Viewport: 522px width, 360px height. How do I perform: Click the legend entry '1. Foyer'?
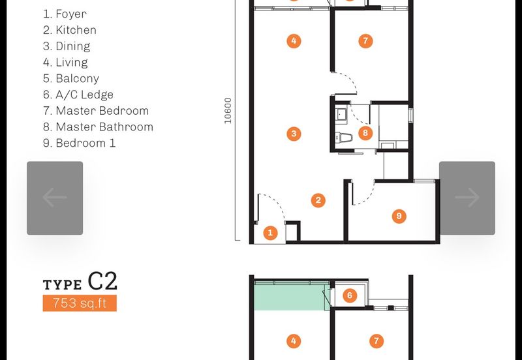(65, 14)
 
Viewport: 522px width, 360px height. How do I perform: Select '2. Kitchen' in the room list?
(70, 30)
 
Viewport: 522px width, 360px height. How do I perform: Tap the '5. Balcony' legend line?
(71, 78)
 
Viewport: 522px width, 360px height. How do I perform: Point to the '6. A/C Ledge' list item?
(78, 95)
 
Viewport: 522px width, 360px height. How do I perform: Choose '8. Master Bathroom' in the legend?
(98, 127)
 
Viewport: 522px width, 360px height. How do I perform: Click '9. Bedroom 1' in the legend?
(79, 143)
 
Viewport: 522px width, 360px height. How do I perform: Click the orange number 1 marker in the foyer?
(270, 233)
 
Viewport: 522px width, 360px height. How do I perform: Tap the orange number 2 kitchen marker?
(318, 200)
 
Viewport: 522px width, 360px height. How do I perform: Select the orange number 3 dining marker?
(294, 134)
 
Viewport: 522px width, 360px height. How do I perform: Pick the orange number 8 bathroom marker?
(365, 133)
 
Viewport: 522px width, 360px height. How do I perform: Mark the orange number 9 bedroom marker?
(399, 217)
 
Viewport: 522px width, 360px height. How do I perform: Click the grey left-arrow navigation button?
(55, 198)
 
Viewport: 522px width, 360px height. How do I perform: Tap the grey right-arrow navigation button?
(467, 198)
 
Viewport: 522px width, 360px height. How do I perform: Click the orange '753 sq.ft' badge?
(80, 303)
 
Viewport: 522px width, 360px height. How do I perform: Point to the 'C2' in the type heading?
(102, 281)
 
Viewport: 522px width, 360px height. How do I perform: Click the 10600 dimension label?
(228, 111)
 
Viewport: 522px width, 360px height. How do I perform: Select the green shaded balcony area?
(290, 296)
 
